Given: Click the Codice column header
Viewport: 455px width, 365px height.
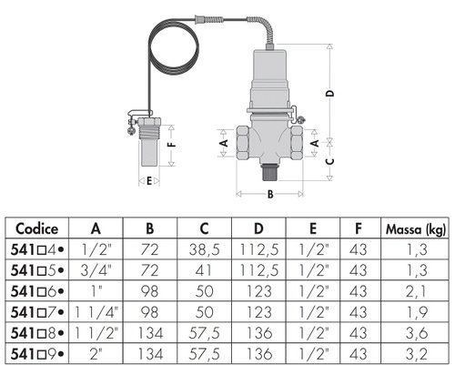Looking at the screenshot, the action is pos(36,228).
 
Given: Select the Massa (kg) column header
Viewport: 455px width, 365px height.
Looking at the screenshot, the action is pos(416,229).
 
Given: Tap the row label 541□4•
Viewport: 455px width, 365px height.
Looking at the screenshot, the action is pos(37,249).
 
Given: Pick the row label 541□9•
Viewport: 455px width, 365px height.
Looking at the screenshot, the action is pos(37,354).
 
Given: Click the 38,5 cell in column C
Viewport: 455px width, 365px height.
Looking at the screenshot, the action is pos(204,250).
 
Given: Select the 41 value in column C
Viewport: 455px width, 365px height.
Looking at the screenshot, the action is pos(203,270).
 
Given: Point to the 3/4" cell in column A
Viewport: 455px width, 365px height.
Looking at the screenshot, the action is pos(96,270).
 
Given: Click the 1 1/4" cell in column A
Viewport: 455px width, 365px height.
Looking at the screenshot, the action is pos(96,312).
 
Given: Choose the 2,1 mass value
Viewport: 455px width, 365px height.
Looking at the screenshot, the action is pos(416,291).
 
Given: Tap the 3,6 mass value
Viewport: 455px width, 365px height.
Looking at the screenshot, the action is pos(417,333).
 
